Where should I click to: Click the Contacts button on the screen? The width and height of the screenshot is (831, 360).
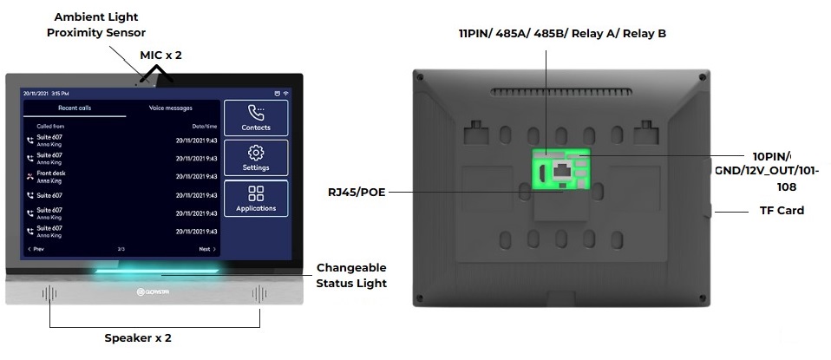click(256, 117)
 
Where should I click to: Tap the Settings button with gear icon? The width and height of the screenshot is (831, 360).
click(256, 157)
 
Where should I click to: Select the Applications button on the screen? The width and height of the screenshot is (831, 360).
click(256, 198)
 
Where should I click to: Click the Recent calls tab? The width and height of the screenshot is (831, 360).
click(74, 108)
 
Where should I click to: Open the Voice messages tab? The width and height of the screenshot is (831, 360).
click(171, 108)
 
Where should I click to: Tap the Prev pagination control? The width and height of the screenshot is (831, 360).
click(36, 249)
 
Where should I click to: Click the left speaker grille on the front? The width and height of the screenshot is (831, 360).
click(49, 293)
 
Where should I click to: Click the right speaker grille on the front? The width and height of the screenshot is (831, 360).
click(258, 293)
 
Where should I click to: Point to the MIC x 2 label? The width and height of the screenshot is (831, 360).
click(160, 55)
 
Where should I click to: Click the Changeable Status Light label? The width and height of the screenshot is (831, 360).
click(350, 275)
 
